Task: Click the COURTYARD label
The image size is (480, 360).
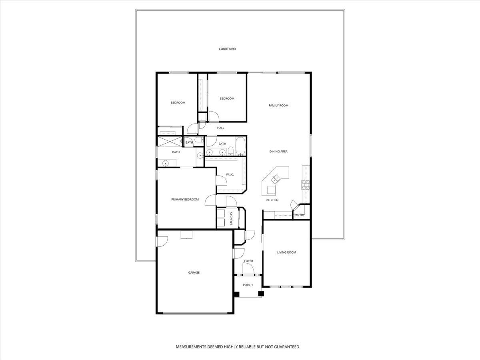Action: click(227, 49)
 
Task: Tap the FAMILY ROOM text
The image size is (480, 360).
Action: click(278, 106)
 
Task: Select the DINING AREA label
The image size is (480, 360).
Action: click(278, 152)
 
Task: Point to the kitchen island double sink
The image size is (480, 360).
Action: click(275, 179)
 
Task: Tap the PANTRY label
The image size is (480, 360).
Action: click(299, 215)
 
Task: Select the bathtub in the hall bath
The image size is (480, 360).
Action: click(240, 146)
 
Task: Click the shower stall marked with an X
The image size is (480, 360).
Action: click(169, 142)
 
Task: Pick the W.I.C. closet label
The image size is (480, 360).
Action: click(230, 174)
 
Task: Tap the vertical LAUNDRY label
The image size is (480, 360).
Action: click(231, 218)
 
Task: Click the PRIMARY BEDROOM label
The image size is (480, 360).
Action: click(185, 200)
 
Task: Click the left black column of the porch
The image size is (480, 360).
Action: click(236, 294)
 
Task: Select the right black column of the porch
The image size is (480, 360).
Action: click(261, 294)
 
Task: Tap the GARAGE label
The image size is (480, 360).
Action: click(194, 273)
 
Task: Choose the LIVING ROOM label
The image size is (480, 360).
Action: click(286, 252)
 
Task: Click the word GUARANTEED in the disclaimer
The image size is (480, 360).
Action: click(287, 347)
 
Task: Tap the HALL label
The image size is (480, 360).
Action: click(220, 128)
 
